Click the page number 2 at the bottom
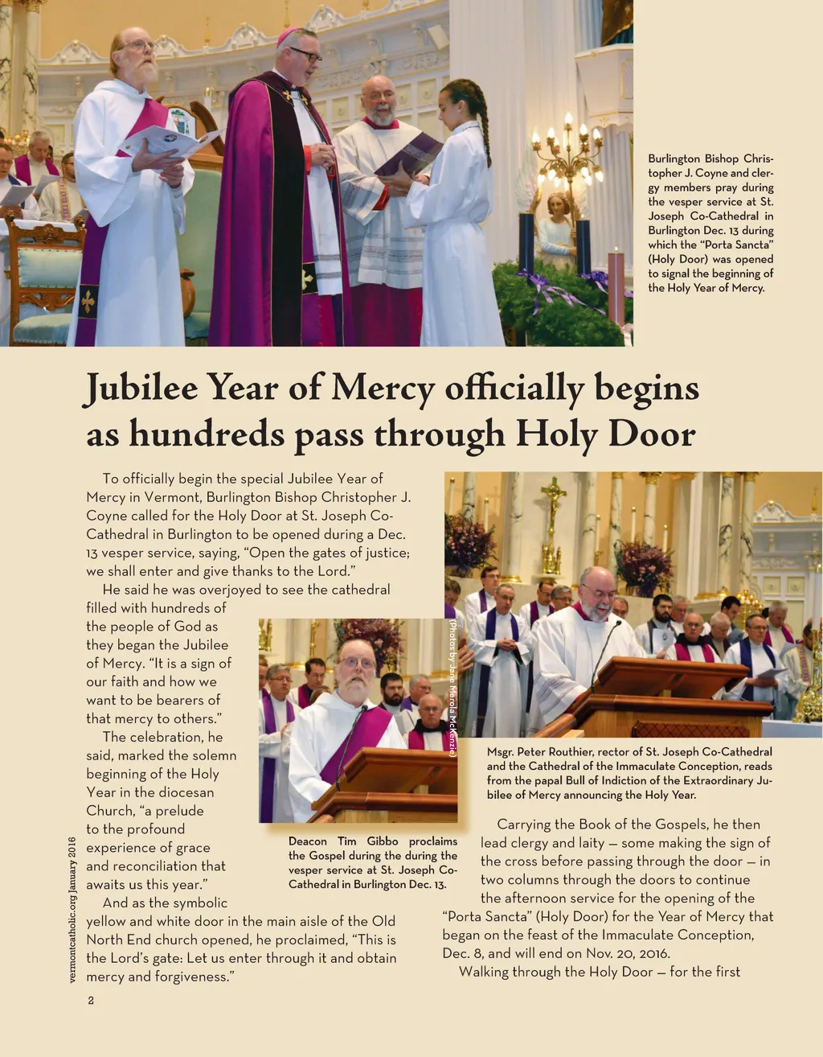(x=91, y=1001)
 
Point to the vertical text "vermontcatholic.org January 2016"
(x=72, y=910)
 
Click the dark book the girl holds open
(x=409, y=155)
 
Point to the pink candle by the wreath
(x=616, y=286)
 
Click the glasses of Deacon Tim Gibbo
(x=358, y=663)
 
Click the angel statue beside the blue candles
(x=555, y=229)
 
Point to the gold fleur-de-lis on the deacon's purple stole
(x=88, y=302)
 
